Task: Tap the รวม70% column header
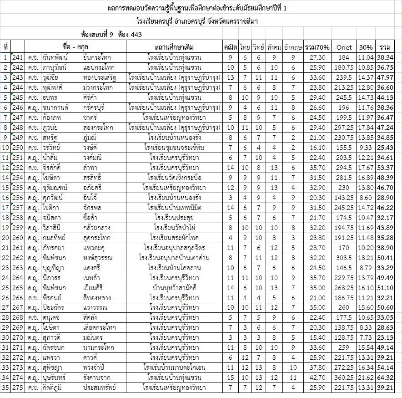pyautogui.click(x=317, y=47)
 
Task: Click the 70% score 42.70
pyautogui.click(x=317, y=378)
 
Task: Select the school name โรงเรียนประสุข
pyautogui.click(x=175, y=217)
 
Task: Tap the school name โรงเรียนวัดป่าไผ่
pyautogui.click(x=175, y=227)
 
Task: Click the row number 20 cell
pyautogui.click(x=5, y=237)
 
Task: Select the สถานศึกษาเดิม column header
pyautogui.click(x=175, y=47)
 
